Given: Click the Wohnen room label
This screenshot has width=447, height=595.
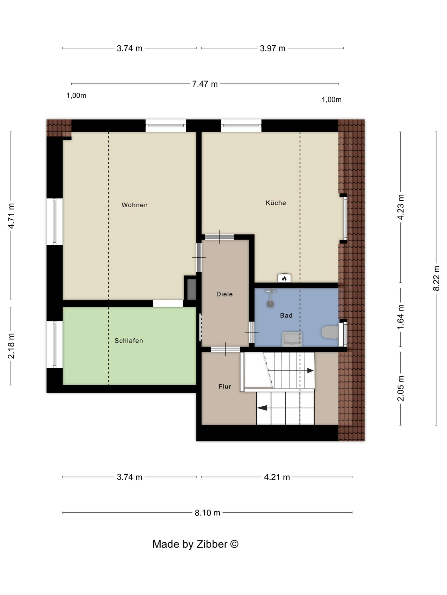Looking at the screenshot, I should coord(134,205).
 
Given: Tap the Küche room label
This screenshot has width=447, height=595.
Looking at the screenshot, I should coord(276,203).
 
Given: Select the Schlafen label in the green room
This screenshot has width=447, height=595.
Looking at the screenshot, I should coord(129,341).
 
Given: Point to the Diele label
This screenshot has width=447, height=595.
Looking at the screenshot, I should coord(224,294).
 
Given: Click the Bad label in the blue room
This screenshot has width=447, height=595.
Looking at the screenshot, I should coord(286,316).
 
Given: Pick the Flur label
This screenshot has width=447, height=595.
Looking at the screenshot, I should coord(225,386).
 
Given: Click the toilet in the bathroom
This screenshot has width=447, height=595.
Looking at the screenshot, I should coord(329,332).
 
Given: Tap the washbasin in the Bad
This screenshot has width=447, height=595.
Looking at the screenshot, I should coord(292,338).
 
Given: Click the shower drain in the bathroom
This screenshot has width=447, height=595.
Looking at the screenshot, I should coord(270,304).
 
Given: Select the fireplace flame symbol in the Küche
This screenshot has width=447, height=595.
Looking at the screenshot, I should coord(284,278).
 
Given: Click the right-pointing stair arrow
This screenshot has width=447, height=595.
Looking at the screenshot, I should coord(310,370).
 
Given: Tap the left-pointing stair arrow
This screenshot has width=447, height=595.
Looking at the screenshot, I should coord(262,408).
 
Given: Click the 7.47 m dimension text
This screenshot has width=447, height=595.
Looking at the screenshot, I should coord(205,84).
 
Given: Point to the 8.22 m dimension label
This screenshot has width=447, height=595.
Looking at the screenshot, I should coord(436,278).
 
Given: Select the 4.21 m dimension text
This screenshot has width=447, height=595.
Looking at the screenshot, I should coord(277,477).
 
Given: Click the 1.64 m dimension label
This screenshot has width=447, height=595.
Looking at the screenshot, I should coord(401,317).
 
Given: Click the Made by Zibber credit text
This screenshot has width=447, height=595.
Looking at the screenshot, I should coord(195,544).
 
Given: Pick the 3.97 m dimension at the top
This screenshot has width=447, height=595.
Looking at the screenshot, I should coord(272,48).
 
